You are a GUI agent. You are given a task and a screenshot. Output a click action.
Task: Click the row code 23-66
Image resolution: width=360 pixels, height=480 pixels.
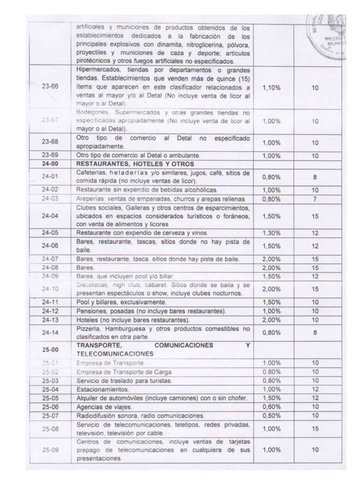click(x=50, y=86)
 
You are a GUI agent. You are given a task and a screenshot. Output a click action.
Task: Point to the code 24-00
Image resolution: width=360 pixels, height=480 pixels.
click(x=50, y=164)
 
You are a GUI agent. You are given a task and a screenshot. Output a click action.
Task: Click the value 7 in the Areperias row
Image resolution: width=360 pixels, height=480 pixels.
click(x=315, y=199)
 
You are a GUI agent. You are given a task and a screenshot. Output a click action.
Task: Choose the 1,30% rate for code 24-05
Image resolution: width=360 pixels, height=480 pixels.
click(x=271, y=233)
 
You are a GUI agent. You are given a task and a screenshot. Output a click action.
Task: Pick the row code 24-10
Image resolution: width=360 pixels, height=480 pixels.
click(x=50, y=289)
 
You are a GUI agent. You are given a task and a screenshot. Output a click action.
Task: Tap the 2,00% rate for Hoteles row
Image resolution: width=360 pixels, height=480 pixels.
click(x=271, y=320)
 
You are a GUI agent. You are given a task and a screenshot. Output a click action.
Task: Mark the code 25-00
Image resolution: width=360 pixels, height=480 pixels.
click(x=50, y=349)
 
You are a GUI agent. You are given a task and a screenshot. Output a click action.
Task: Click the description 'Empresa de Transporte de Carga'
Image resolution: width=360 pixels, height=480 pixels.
click(x=124, y=372)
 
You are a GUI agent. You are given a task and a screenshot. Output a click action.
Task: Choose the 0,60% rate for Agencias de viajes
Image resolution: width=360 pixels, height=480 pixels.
click(x=271, y=406)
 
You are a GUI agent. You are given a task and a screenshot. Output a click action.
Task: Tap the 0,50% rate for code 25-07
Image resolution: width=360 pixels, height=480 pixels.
click(x=271, y=415)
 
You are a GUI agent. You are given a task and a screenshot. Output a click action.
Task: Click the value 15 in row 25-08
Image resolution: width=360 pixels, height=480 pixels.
click(x=315, y=429)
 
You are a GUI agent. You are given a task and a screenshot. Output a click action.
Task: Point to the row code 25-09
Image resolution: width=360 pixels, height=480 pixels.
click(x=50, y=450)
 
